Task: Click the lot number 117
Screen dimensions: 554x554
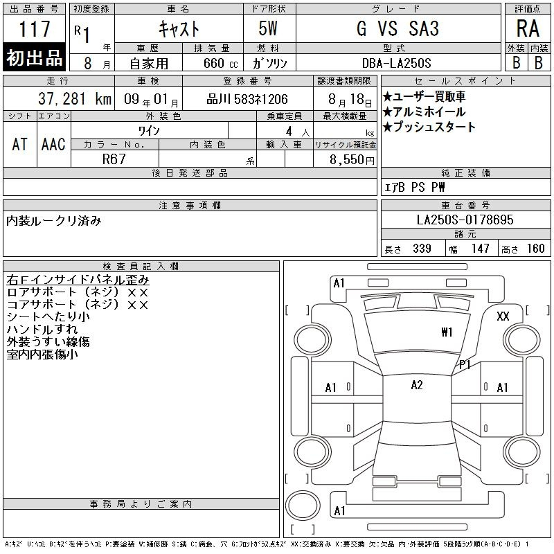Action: [x=34, y=28]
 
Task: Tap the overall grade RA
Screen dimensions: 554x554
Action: [x=528, y=28]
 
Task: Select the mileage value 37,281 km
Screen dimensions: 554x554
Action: [x=75, y=99]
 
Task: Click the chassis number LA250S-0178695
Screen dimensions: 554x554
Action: [x=465, y=220]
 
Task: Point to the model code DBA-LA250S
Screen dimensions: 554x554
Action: [x=397, y=63]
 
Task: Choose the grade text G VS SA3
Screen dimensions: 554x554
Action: [x=397, y=28]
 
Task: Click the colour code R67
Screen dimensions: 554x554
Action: [x=114, y=159]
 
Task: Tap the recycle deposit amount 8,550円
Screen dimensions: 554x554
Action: [x=352, y=160]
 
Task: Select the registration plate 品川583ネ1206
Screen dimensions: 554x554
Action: [x=247, y=99]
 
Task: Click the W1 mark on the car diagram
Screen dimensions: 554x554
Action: [x=447, y=332]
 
